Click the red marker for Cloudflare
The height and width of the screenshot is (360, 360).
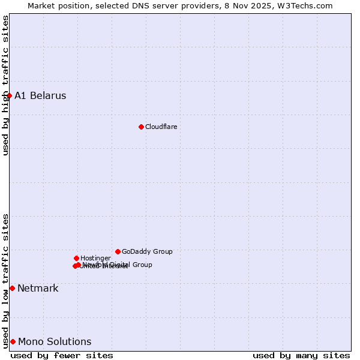coord(141,127)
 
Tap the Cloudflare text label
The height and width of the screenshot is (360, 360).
coord(161,127)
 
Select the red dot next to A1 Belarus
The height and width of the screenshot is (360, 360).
coord(9,95)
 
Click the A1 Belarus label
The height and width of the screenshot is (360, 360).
coord(40,95)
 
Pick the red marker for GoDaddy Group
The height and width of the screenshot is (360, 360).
coord(118,251)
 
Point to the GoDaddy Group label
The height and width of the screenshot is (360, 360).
coord(147,251)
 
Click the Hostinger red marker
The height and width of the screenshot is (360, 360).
coord(76,258)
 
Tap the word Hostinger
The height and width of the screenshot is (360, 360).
coord(95,258)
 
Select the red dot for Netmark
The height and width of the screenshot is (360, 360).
coord(12,288)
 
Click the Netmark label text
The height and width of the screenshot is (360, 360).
coord(38,288)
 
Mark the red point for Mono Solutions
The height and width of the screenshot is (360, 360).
coord(13,341)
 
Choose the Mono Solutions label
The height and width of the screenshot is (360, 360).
coord(55,341)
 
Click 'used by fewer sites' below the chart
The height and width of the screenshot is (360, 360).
coord(62,355)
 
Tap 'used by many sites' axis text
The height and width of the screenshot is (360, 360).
coord(301,355)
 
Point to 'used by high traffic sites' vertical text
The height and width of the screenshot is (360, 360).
coord(5,85)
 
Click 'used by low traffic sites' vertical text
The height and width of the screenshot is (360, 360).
coord(5,281)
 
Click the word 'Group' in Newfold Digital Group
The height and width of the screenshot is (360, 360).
coord(142,265)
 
